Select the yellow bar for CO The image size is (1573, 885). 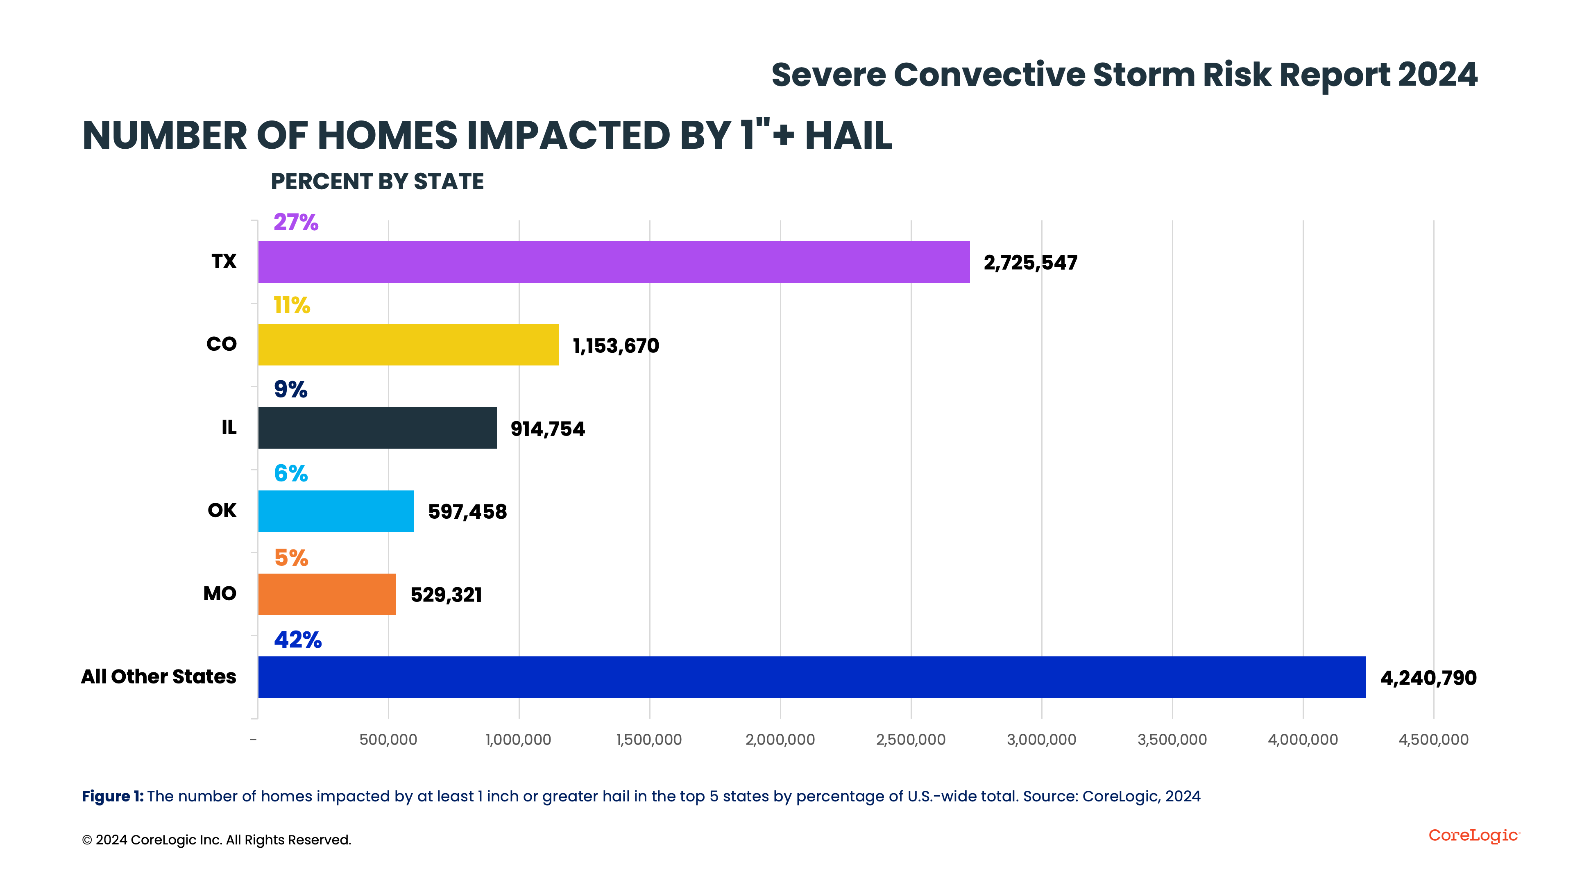point(408,345)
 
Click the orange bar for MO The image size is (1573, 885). point(327,594)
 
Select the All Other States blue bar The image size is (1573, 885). point(811,677)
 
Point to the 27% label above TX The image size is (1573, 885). point(295,222)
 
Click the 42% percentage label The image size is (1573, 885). point(297,640)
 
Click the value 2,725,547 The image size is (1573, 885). point(1030,263)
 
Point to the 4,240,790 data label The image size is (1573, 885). point(1428,678)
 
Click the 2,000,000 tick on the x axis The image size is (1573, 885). point(780,740)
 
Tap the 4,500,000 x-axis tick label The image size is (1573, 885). point(1433,740)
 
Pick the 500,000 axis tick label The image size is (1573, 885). point(388,740)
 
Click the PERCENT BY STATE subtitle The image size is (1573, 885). point(377,182)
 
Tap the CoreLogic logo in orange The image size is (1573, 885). point(1473,835)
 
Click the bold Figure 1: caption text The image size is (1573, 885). point(112,796)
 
